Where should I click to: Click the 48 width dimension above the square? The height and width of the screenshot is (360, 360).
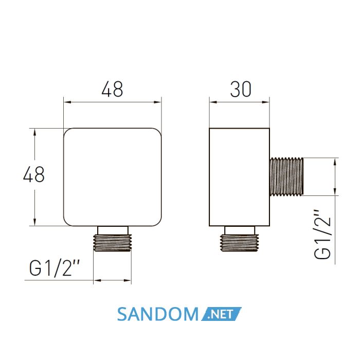pyautogui.click(x=112, y=89)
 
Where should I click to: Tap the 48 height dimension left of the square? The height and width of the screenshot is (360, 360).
pyautogui.click(x=34, y=174)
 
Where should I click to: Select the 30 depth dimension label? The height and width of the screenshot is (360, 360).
pyautogui.click(x=241, y=89)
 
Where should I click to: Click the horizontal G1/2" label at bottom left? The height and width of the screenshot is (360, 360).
pyautogui.click(x=54, y=268)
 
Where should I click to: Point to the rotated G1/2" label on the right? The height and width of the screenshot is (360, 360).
pyautogui.click(x=322, y=234)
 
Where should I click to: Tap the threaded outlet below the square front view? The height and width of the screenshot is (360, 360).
pyautogui.click(x=112, y=243)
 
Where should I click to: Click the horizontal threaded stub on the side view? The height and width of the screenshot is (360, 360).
pyautogui.click(x=286, y=176)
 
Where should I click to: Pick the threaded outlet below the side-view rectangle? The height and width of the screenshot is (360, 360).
pyautogui.click(x=239, y=243)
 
